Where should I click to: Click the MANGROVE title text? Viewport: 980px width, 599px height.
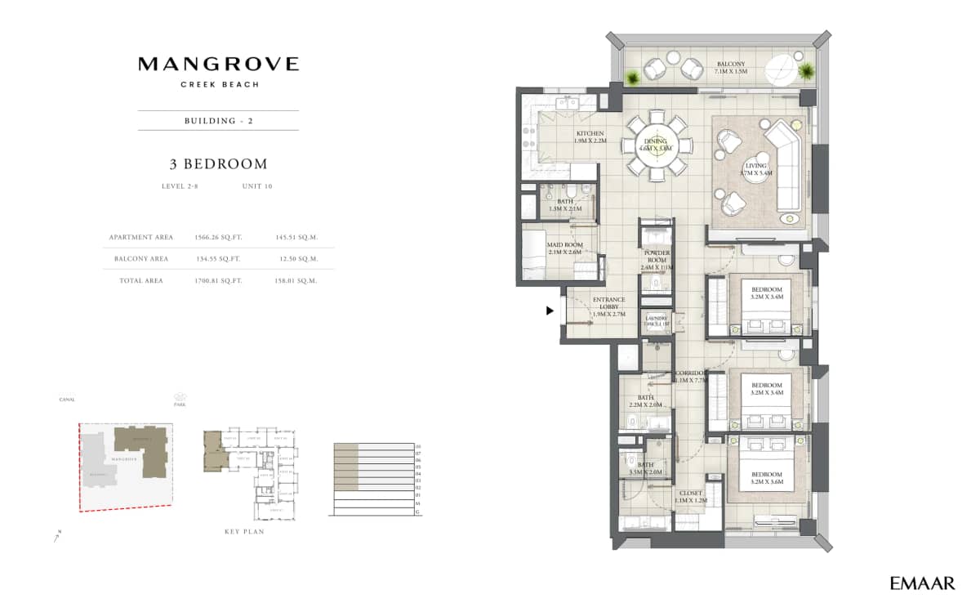[x=218, y=64]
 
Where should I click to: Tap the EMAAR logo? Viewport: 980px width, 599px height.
[x=922, y=583]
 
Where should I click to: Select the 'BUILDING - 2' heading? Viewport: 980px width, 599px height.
[x=218, y=120]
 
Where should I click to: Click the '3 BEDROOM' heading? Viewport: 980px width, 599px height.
[x=218, y=164]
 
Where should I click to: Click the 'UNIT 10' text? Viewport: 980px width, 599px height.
[x=257, y=186]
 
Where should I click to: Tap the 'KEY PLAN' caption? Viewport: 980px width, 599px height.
[x=244, y=531]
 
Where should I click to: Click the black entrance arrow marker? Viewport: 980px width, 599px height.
[x=550, y=311]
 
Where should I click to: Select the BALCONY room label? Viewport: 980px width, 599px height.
[x=731, y=64]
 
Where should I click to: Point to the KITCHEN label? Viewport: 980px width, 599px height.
[x=590, y=133]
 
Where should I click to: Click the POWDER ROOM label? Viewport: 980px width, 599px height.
[x=657, y=258]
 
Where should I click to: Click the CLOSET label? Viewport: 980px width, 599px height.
[x=690, y=494]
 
